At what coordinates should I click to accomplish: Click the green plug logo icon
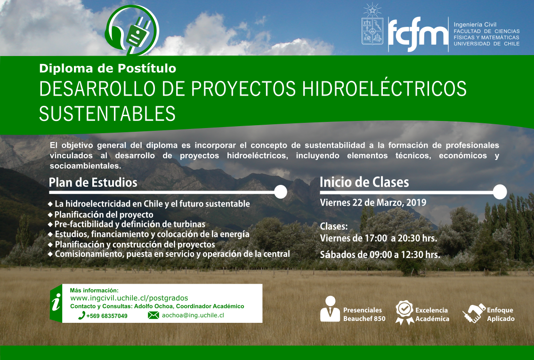[132, 30]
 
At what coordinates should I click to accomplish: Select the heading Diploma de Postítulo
[108, 68]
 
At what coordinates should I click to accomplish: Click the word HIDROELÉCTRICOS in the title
[384, 89]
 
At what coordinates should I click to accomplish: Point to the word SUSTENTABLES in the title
[107, 114]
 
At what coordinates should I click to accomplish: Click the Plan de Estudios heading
[93, 183]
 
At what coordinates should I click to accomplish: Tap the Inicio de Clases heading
[364, 183]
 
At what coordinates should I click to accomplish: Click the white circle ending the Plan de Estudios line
[280, 192]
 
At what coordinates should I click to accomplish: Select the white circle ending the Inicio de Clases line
[500, 192]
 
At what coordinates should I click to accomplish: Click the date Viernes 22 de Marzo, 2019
[373, 202]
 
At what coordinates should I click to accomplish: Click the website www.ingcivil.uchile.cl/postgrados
[129, 298]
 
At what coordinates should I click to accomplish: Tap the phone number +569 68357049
[106, 316]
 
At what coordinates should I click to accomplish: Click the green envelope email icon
[153, 315]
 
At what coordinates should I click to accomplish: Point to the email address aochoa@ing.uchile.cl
[193, 315]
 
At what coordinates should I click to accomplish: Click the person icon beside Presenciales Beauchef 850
[330, 309]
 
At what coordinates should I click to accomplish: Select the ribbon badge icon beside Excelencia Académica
[404, 312]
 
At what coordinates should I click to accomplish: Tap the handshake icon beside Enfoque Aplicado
[474, 313]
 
